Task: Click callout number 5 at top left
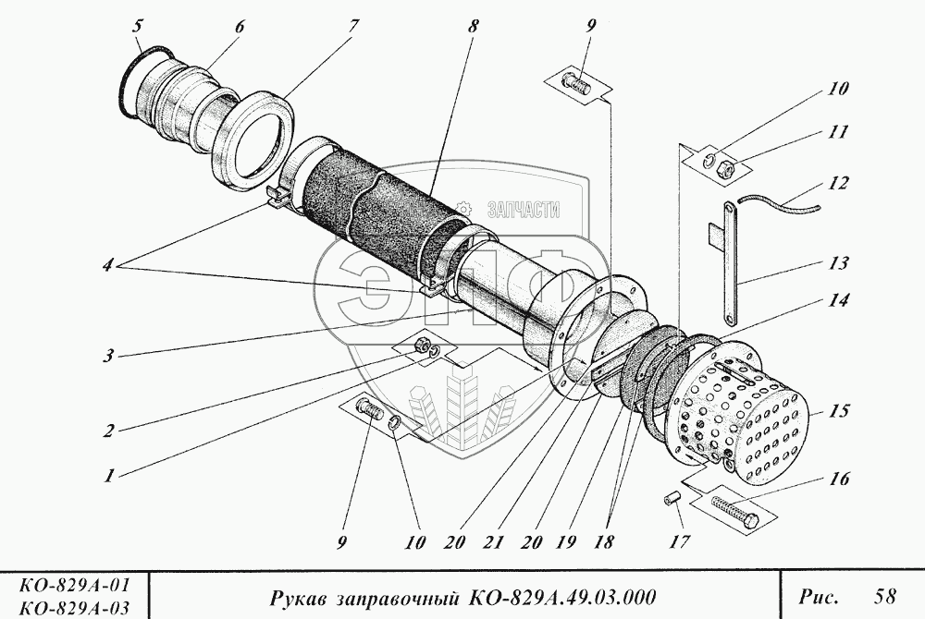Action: pyautogui.click(x=138, y=24)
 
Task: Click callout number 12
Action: pyautogui.click(x=838, y=184)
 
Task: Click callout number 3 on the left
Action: pyautogui.click(x=110, y=355)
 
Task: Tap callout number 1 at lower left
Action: pyautogui.click(x=110, y=477)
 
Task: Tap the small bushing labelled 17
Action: pyautogui.click(x=674, y=500)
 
